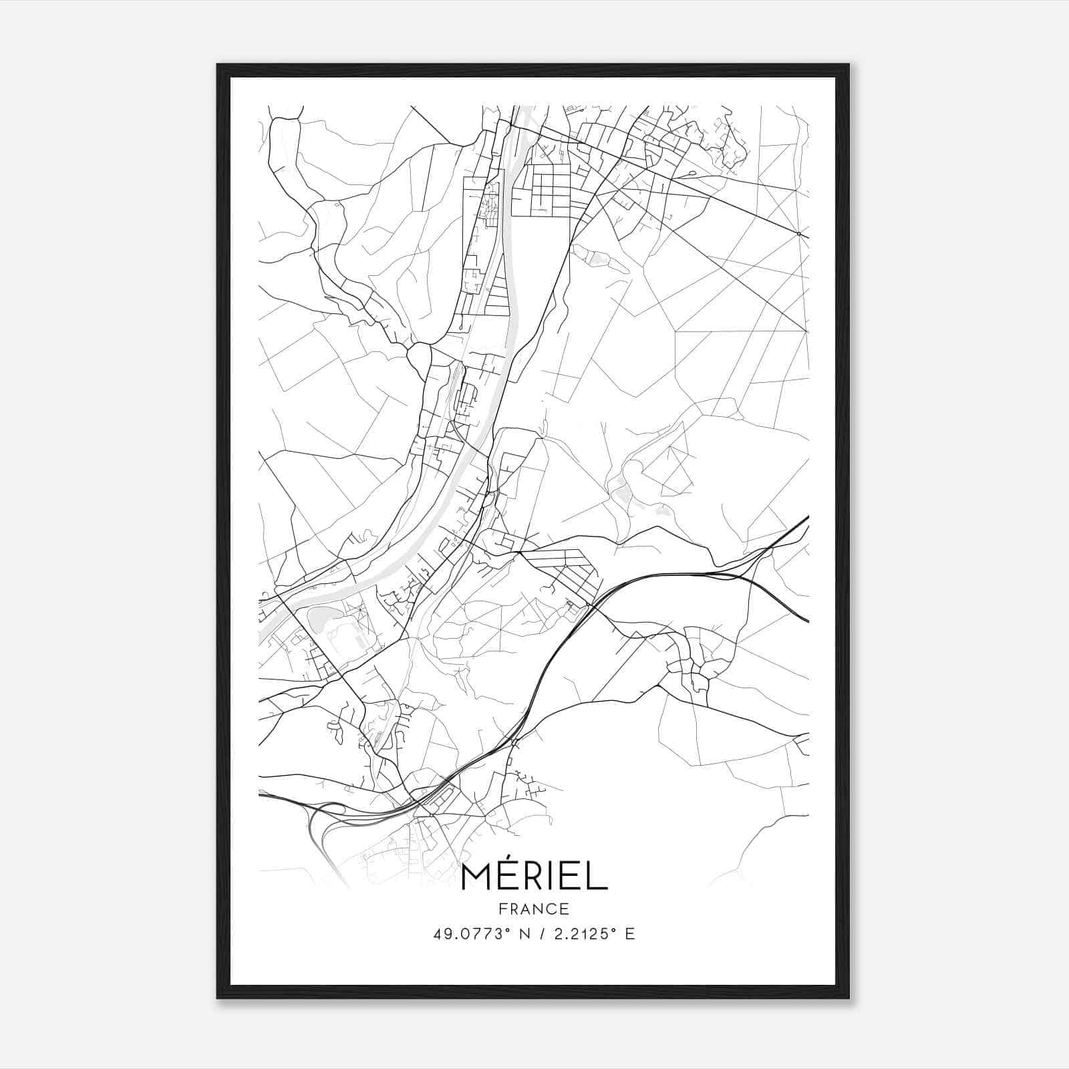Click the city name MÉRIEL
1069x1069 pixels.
click(x=534, y=877)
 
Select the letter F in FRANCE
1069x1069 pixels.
click(x=502, y=909)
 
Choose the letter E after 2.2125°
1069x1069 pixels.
click(x=629, y=934)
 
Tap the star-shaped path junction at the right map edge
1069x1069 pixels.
click(x=799, y=234)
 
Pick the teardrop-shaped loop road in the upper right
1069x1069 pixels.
click(x=690, y=173)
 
